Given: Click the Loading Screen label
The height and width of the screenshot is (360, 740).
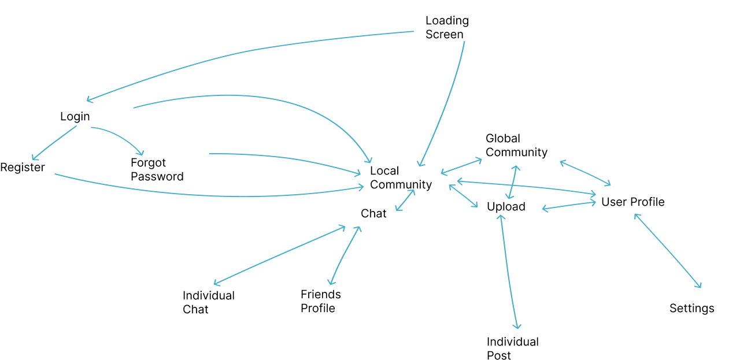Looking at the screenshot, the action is [447, 27].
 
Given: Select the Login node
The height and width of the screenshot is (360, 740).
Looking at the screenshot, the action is [75, 117].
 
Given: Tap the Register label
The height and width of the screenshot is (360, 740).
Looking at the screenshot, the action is [23, 168].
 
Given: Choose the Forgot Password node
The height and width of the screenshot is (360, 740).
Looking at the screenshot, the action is [157, 169].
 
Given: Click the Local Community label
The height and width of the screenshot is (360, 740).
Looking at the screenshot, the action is [401, 177].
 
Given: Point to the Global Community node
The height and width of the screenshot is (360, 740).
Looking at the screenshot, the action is [516, 145].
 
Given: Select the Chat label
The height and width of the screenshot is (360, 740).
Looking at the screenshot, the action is [373, 214].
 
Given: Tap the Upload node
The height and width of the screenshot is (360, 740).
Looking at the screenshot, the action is [506, 207].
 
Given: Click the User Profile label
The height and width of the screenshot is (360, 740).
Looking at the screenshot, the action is [632, 202].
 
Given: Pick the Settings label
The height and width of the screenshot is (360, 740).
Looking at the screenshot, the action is [692, 309].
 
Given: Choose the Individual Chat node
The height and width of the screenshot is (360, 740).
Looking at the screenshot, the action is [209, 303].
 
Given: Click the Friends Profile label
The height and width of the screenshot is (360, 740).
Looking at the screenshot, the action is [320, 301].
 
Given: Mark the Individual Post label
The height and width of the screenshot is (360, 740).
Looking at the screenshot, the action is [512, 348].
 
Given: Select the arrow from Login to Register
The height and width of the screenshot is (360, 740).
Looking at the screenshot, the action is [54, 143].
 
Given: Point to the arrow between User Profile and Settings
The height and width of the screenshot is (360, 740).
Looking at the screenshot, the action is [667, 251].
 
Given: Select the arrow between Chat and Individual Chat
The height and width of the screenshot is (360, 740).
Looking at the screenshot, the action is [279, 255].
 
